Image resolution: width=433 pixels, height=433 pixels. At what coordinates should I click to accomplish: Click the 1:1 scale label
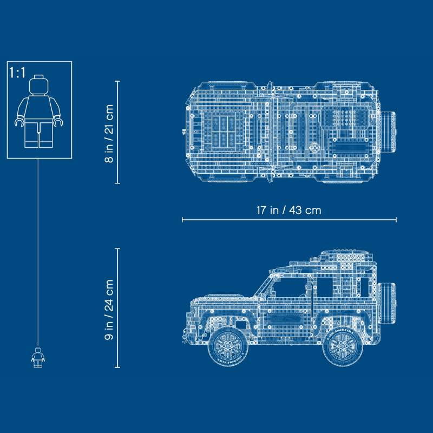pyautogui.click(x=17, y=73)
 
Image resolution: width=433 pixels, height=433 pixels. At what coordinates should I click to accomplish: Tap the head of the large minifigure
pyautogui.click(x=38, y=85)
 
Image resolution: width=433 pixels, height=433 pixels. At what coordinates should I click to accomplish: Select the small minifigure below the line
pyautogui.click(x=38, y=357)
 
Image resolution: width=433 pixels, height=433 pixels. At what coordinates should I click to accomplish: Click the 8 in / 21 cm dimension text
pyautogui.click(x=109, y=133)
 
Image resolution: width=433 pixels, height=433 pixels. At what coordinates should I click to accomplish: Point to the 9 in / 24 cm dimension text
pyautogui.click(x=109, y=310)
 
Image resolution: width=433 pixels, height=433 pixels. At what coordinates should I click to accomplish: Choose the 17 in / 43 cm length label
pyautogui.click(x=289, y=210)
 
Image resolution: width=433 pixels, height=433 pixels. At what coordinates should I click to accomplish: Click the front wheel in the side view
pyautogui.click(x=228, y=346)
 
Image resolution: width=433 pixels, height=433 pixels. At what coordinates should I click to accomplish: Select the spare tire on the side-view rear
pyautogui.click(x=386, y=303)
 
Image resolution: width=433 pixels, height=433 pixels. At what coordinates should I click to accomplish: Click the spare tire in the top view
pyautogui.click(x=388, y=132)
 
